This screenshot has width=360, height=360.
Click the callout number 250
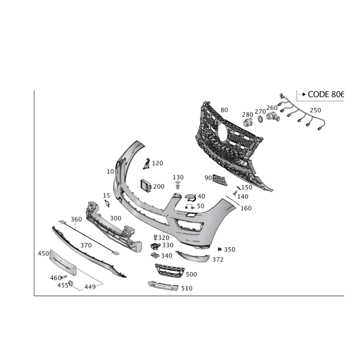click(315, 110)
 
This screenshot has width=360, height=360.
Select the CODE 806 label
click(325, 94)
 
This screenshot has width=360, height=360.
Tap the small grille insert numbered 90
click(220, 180)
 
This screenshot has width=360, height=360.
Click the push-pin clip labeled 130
click(178, 185)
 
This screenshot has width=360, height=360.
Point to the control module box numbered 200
click(146, 185)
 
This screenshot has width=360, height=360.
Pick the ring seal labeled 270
click(261, 119)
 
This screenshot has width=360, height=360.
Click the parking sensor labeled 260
click(273, 117)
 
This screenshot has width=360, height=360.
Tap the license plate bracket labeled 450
click(63, 263)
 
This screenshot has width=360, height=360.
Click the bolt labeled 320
click(155, 238)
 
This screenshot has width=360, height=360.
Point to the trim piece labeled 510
click(163, 286)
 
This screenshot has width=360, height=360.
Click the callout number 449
click(90, 287)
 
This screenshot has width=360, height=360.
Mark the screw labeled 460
click(63, 277)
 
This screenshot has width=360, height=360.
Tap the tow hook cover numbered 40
click(190, 197)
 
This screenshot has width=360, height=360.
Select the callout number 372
click(218, 260)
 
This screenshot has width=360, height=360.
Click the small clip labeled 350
click(220, 249)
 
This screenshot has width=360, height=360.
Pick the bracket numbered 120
click(146, 163)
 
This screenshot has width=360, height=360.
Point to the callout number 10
click(110, 171)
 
